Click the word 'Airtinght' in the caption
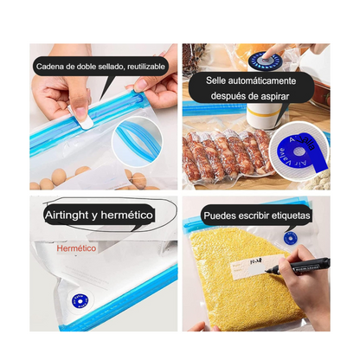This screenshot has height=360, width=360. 70,213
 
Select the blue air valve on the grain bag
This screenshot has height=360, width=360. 289,236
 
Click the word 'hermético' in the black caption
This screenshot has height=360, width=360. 127,213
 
